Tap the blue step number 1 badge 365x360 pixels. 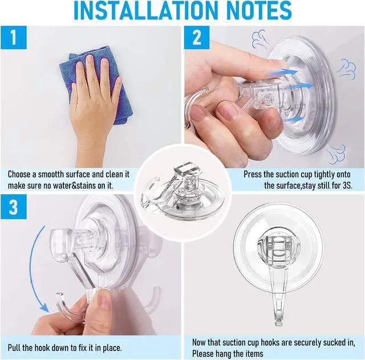14,38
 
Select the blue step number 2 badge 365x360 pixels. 197,38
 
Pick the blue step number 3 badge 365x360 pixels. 14,207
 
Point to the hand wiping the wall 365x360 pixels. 93,107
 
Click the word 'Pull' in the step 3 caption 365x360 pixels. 14,347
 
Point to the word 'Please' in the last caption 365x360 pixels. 202,354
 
